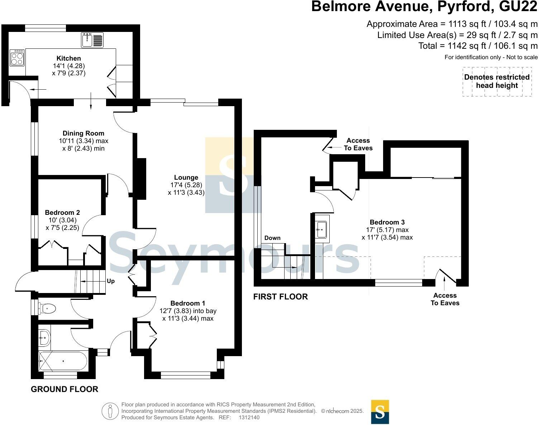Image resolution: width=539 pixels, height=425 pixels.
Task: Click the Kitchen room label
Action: click(69, 58)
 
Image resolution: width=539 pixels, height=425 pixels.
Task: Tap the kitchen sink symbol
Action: click(92, 40)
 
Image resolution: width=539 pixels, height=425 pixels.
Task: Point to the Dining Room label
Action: click(84, 133)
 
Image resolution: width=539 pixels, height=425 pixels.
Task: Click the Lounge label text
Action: click(186, 177)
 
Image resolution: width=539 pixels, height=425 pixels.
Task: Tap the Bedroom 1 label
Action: click(188, 303)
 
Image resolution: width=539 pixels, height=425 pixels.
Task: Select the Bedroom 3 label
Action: click(387, 222)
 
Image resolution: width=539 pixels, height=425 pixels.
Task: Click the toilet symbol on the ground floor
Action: click(48, 308)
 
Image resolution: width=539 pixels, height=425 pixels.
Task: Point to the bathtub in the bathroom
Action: click(63, 361)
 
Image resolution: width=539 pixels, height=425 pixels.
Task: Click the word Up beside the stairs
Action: click(111, 281)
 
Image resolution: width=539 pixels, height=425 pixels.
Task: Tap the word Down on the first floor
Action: click(272, 238)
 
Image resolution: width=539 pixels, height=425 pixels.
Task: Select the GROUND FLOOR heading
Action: click(65, 389)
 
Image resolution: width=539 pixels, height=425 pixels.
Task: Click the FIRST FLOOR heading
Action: click(280, 297)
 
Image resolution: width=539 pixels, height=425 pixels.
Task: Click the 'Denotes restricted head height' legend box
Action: click(497, 81)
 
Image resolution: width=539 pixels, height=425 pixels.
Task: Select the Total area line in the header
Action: click(478, 46)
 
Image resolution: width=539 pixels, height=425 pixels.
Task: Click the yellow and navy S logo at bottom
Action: click(380, 412)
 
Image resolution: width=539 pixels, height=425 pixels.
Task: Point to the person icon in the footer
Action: click(110, 411)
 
